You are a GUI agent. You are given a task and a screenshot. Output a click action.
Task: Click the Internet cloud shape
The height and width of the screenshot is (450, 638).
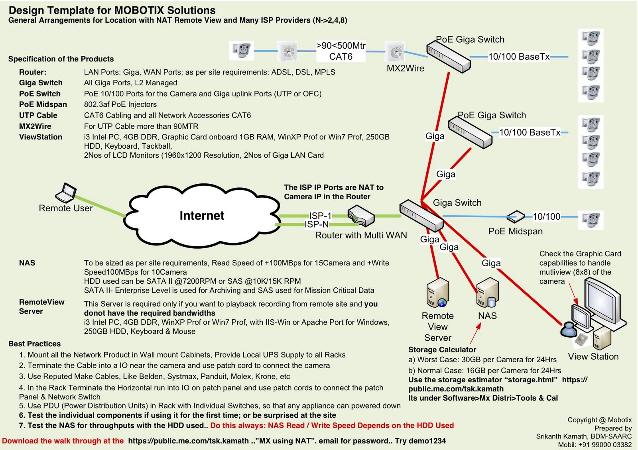point(202,216)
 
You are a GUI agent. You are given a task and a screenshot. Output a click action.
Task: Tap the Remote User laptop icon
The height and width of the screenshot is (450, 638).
point(66,193)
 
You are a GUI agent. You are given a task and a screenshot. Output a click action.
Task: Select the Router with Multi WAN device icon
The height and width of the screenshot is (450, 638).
point(360,216)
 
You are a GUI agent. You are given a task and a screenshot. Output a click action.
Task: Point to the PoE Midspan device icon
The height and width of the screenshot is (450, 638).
point(516,217)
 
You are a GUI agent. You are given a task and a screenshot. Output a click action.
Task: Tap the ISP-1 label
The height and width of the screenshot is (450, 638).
point(320,216)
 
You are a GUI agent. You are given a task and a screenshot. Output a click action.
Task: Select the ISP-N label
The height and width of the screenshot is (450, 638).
point(317,224)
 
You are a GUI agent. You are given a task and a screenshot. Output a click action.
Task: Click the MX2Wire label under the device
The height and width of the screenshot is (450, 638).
point(405,69)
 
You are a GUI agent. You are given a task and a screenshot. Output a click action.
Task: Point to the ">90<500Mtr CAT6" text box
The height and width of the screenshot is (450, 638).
point(341,51)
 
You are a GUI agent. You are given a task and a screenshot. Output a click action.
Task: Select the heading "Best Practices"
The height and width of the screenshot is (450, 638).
point(35,344)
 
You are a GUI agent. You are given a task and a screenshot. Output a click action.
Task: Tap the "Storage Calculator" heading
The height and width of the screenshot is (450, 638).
point(442,350)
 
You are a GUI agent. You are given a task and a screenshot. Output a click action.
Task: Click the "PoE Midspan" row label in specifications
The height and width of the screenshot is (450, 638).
point(43,104)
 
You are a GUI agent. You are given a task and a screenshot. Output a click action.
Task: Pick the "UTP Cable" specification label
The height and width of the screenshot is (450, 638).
point(38,115)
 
